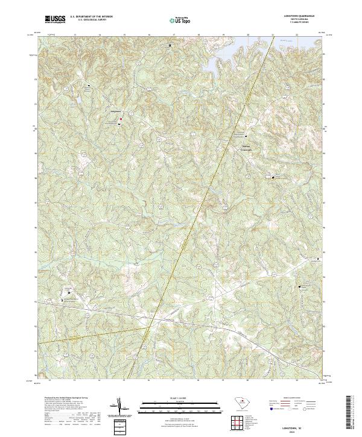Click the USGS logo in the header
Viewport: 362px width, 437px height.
pos(55,19)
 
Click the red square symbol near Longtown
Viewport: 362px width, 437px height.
pos(120,119)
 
